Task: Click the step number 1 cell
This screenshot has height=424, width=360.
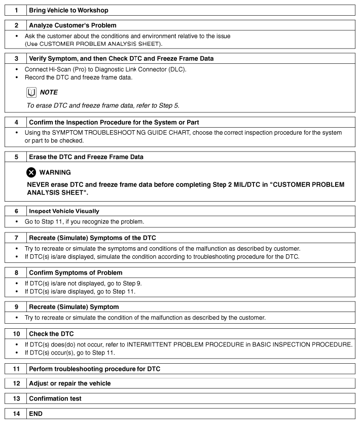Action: [x=16, y=10]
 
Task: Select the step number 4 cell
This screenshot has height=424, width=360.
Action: [x=16, y=122]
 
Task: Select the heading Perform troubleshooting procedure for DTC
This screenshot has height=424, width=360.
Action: [x=94, y=369]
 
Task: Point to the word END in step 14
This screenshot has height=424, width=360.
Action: [x=37, y=414]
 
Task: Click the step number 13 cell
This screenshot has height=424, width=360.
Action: [x=16, y=399]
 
